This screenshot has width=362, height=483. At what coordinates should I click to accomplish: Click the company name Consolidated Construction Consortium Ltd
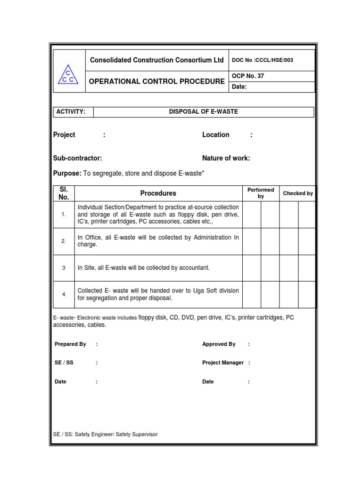pyautogui.click(x=157, y=60)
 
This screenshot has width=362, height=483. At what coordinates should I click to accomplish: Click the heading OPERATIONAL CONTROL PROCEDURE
pyautogui.click(x=157, y=82)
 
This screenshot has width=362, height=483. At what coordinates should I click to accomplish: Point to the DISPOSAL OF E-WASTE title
pyautogui.click(x=204, y=112)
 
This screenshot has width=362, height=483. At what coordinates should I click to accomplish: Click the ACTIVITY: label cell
pyautogui.click(x=71, y=112)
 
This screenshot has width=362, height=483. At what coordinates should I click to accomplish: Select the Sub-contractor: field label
pyautogui.click(x=78, y=158)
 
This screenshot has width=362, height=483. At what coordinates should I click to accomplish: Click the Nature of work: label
pyautogui.click(x=226, y=158)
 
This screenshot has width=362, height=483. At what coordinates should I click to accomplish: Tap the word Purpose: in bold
pyautogui.click(x=67, y=174)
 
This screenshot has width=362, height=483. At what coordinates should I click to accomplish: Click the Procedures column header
pyautogui.click(x=158, y=193)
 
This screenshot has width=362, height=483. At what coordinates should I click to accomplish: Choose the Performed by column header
pyautogui.click(x=261, y=193)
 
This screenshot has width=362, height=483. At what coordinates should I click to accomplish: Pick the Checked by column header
pyautogui.click(x=297, y=193)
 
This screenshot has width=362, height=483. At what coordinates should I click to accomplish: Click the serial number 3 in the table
pyautogui.click(x=64, y=268)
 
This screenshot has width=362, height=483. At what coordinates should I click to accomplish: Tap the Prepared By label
pyautogui.click(x=70, y=344)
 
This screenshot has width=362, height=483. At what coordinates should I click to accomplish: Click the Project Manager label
pyautogui.click(x=223, y=363)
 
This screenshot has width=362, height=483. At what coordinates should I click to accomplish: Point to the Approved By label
pyautogui.click(x=219, y=344)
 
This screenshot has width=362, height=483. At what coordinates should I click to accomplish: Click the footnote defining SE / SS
pyautogui.click(x=106, y=434)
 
